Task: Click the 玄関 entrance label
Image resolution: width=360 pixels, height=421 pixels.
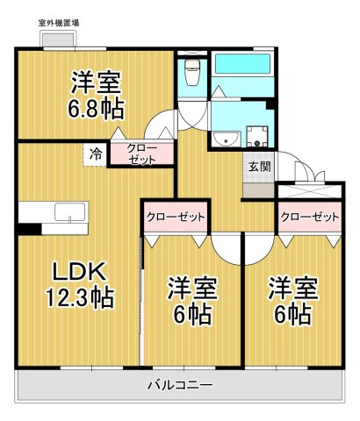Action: (258, 167)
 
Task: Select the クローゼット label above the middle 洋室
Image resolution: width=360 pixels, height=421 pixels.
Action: (175, 216)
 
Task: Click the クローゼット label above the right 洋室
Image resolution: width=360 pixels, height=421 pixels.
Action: (310, 216)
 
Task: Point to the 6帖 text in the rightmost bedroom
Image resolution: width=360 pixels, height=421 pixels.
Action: (292, 314)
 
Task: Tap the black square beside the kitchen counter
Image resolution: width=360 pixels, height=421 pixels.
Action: (29, 230)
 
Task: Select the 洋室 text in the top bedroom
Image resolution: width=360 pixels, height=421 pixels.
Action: (97, 84)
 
